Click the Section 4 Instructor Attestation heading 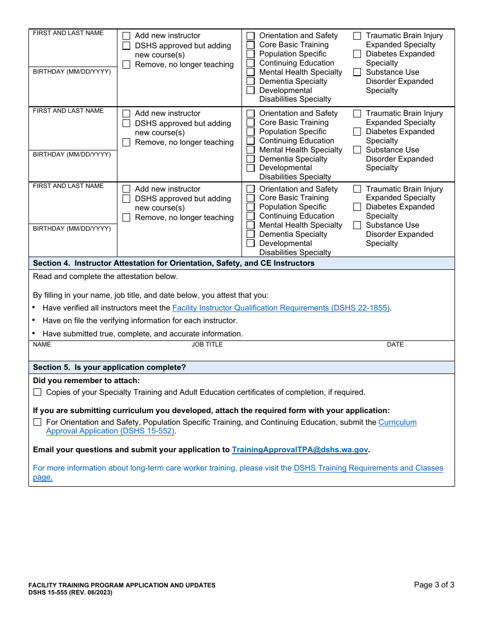pyautogui.click(x=173, y=263)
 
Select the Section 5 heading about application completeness pyautogui.click(x=109, y=367)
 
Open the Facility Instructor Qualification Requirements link pyautogui.click(x=281, y=308)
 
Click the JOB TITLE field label pyautogui.click(x=207, y=345)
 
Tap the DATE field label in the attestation pyautogui.click(x=395, y=345)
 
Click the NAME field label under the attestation pyautogui.click(x=42, y=345)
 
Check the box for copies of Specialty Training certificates pyautogui.click(x=37, y=392)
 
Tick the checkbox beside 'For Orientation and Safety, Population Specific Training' pyautogui.click(x=37, y=422)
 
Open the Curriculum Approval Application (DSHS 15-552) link pyautogui.click(x=110, y=431)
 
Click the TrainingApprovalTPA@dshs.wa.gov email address pyautogui.click(x=299, y=450)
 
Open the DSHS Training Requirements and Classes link pyautogui.click(x=368, y=468)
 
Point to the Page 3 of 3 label pyautogui.click(x=434, y=585)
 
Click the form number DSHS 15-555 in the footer pyautogui.click(x=70, y=592)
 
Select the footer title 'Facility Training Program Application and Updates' pyautogui.click(x=122, y=585)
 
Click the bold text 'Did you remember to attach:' pyautogui.click(x=86, y=381)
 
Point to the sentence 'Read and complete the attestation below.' pyautogui.click(x=105, y=276)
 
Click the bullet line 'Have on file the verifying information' pyautogui.click(x=140, y=321)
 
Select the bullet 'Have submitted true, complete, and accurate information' pyautogui.click(x=142, y=334)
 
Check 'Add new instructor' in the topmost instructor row pyautogui.click(x=126, y=36)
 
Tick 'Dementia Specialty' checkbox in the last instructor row pyautogui.click(x=251, y=234)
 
